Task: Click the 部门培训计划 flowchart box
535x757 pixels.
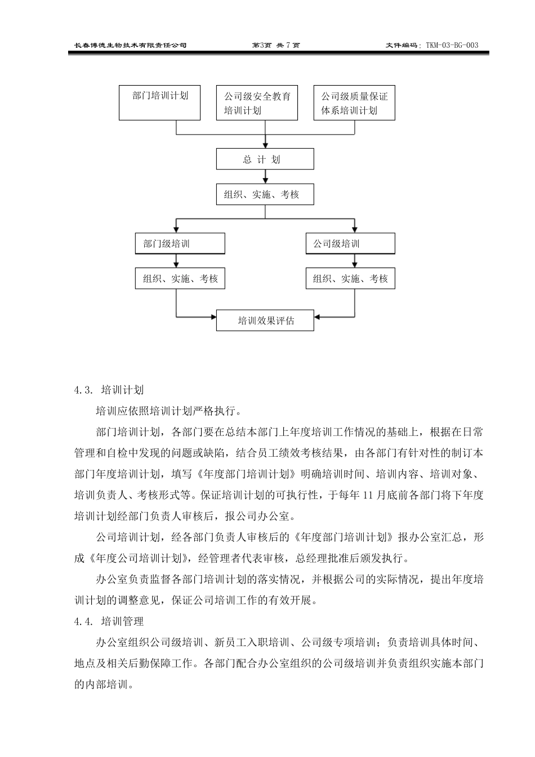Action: [x=159, y=103]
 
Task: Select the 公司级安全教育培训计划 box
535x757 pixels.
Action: [x=257, y=103]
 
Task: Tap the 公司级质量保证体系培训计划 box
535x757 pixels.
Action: [x=354, y=103]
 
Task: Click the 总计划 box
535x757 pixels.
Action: [x=265, y=159]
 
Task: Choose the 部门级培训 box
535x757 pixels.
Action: [x=180, y=244]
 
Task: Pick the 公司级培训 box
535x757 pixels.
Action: [x=350, y=244]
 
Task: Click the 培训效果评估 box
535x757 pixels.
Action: [x=265, y=321]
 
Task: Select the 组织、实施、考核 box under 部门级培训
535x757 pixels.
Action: [x=180, y=278]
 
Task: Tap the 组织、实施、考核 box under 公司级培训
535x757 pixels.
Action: [x=350, y=278]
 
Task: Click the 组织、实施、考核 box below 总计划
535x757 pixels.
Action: [x=265, y=194]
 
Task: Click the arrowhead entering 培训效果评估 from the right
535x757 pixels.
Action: [x=318, y=317]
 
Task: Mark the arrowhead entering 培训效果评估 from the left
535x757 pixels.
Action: [x=213, y=317]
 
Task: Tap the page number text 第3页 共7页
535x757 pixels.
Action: [x=276, y=45]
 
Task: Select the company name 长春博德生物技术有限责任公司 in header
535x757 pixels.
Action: [x=131, y=45]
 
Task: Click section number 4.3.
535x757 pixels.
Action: [x=83, y=390]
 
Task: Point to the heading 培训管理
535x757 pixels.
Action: [x=122, y=622]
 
